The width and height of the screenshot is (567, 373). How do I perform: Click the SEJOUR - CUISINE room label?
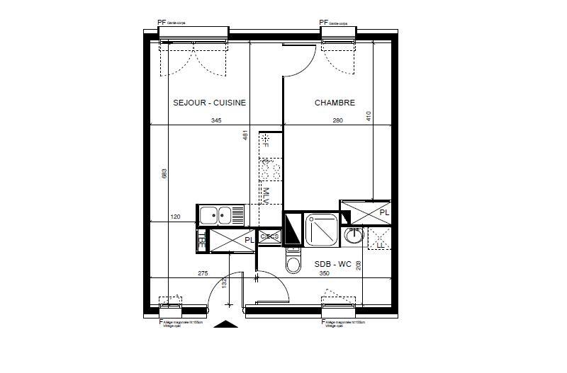point(209,103)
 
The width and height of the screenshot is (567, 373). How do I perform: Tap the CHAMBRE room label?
point(335,103)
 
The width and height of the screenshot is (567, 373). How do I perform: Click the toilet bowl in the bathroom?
point(293,263)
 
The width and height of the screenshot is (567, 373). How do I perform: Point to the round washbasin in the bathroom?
point(353,236)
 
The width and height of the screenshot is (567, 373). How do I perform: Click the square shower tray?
point(322,228)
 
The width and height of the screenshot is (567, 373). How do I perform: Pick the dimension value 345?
point(216,121)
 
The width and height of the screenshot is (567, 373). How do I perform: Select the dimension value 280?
point(337,121)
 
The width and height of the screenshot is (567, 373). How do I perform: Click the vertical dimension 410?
point(369,115)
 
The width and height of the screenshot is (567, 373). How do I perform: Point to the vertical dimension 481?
point(246,136)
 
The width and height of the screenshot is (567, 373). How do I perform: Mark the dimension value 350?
point(325,273)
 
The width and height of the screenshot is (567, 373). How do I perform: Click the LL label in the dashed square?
point(379,243)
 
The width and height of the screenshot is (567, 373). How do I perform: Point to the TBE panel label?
point(201,239)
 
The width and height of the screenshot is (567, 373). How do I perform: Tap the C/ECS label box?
point(269,236)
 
